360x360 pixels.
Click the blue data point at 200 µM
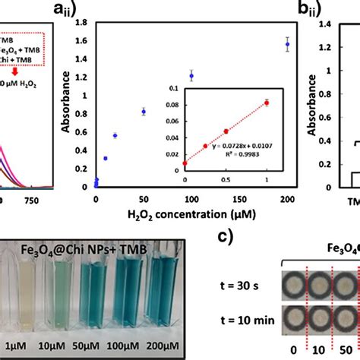(x=287, y=45)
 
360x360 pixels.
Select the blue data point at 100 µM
(x=191, y=76)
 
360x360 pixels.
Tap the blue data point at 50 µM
(x=144, y=112)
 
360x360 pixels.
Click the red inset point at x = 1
(x=267, y=103)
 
